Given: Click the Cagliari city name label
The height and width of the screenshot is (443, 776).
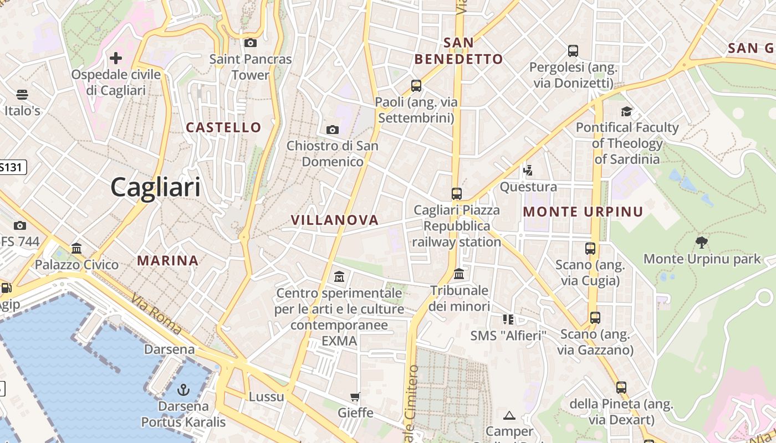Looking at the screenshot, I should [x=156, y=187].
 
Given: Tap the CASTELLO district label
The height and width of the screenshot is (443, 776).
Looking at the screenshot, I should [x=223, y=127].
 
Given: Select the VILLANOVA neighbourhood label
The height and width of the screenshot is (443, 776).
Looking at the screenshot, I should [x=335, y=220].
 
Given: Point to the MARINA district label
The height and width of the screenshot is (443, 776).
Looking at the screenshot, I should [x=167, y=260].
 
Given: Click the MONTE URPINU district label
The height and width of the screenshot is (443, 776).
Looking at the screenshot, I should [x=583, y=212].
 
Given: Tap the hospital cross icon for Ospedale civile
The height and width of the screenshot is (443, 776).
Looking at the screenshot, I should [x=116, y=58].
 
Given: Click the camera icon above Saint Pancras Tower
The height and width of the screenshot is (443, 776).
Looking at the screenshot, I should [x=251, y=43].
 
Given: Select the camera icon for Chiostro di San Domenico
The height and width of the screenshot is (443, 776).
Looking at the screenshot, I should [x=333, y=130].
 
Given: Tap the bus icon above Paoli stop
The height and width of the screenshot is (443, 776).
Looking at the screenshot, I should [x=416, y=86].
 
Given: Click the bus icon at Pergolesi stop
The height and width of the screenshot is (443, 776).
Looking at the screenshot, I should [x=573, y=51].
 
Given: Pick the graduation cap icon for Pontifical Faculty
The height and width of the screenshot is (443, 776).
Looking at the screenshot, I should [x=627, y=111].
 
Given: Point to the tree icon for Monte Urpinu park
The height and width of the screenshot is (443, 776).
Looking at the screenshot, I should [x=702, y=242].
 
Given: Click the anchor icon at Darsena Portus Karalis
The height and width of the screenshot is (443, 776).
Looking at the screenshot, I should [x=183, y=390].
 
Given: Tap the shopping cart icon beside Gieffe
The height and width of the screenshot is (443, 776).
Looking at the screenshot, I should [x=355, y=396].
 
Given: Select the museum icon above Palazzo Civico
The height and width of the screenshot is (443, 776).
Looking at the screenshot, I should [x=76, y=248].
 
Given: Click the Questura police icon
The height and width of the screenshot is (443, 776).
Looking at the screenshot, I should [x=528, y=170].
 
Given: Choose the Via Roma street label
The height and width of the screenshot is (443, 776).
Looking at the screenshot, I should [x=157, y=314].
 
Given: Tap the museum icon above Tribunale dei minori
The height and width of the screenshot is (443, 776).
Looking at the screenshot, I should [x=459, y=274].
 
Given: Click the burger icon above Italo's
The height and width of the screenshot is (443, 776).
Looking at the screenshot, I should [x=22, y=94].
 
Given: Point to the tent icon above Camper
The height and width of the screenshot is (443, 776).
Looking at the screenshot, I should [x=509, y=415].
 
